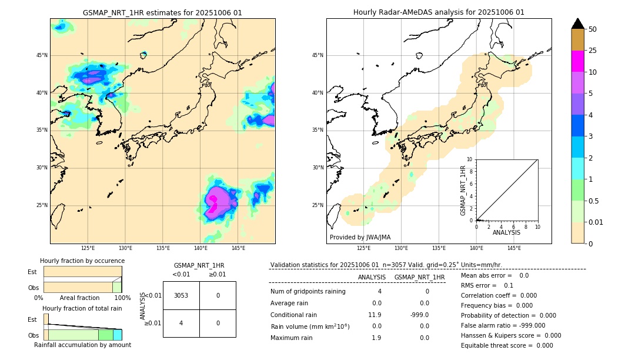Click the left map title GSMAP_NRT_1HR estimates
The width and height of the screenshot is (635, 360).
pos(162,12)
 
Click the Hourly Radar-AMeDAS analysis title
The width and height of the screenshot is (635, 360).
pos(439,12)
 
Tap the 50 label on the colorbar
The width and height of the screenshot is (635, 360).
pos(593,29)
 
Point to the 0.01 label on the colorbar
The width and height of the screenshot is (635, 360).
pos(595,222)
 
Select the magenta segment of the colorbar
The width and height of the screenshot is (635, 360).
pos(578,61)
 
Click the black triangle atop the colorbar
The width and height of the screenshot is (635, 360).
pos(578,24)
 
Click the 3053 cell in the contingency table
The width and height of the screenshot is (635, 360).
pos(181,295)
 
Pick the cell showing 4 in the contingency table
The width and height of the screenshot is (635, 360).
pos(181,323)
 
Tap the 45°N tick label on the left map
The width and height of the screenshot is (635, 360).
pos(42,55)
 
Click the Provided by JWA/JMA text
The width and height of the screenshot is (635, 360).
pos(360,237)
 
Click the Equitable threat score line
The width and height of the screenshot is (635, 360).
pos(507,345)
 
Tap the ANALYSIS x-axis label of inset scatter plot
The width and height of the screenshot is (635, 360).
pos(506,233)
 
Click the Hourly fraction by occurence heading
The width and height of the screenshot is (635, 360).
pos(82,261)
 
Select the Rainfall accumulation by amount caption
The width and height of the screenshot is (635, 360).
pos(82,345)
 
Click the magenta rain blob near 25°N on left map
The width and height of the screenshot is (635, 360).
pos(213,202)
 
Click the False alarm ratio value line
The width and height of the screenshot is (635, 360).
pos(503,325)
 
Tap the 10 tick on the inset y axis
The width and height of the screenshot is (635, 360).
pos(470,159)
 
